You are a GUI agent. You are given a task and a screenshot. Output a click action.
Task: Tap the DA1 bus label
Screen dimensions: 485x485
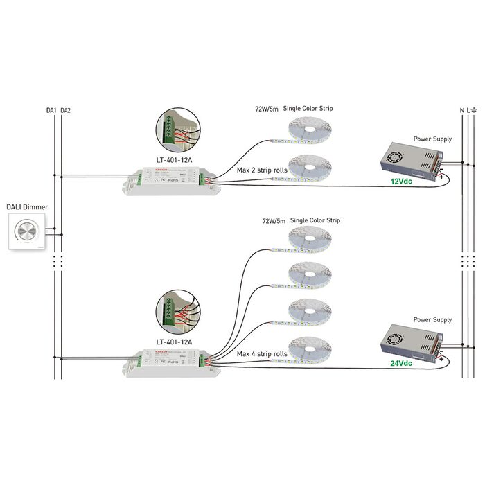[51, 110]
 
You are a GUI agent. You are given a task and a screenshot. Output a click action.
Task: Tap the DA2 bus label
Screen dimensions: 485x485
[65, 110]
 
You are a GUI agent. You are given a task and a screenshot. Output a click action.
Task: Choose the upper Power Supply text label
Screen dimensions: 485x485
[432, 139]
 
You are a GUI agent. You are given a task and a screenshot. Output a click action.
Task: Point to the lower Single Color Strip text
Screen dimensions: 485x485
[315, 220]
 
